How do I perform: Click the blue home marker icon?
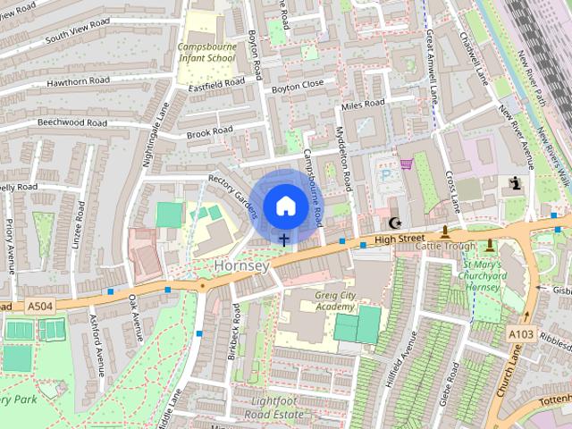285,206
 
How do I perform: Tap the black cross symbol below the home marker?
284,239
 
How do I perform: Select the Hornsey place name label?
240,265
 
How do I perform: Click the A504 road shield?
39,307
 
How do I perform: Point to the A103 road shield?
522,333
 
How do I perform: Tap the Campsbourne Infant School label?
206,53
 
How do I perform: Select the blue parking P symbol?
386,176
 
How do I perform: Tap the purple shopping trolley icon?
408,164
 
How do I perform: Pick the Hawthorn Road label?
78,81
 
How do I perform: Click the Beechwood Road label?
71,122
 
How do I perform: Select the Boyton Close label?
298,84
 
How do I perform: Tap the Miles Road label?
363,105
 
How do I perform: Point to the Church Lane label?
506,379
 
